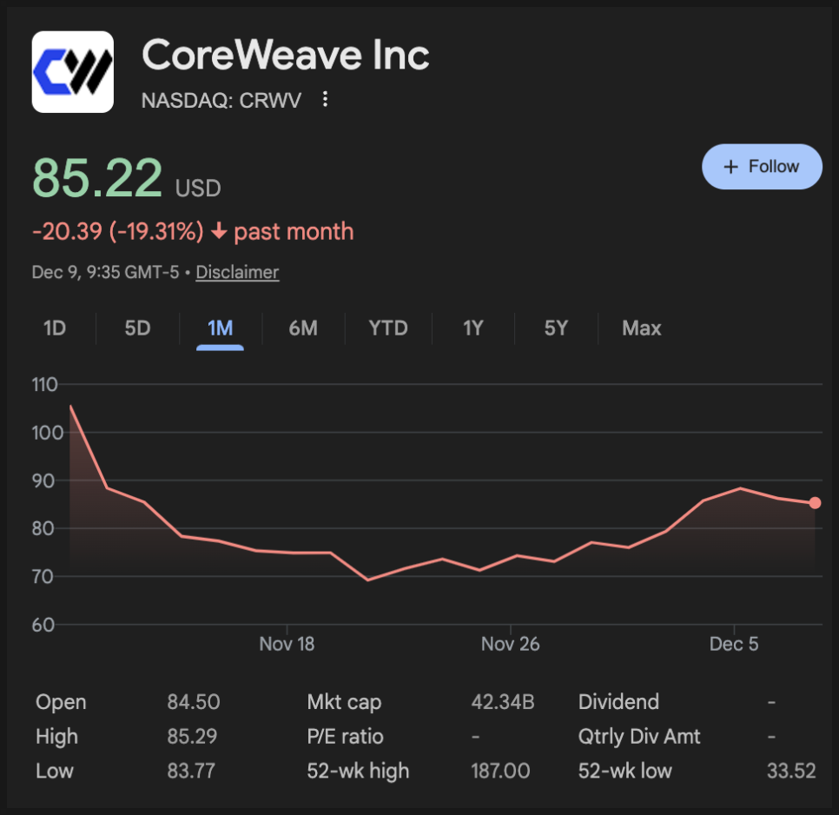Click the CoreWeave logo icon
coord(73,72)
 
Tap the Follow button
coord(762,167)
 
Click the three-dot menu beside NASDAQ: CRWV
coord(326,100)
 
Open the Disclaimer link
coord(237,272)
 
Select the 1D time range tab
coord(55,328)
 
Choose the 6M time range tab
coord(303,328)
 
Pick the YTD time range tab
coord(387,328)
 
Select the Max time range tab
coord(641,328)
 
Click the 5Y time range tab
coord(556,328)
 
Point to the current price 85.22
coord(97,178)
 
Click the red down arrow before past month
coord(219,232)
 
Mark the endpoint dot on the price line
coord(815,502)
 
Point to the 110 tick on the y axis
coord(43,384)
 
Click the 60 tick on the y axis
coord(43,625)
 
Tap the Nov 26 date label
coord(510,644)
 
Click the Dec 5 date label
coord(734,644)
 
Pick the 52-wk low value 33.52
coord(791,771)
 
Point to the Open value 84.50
coord(194,702)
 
